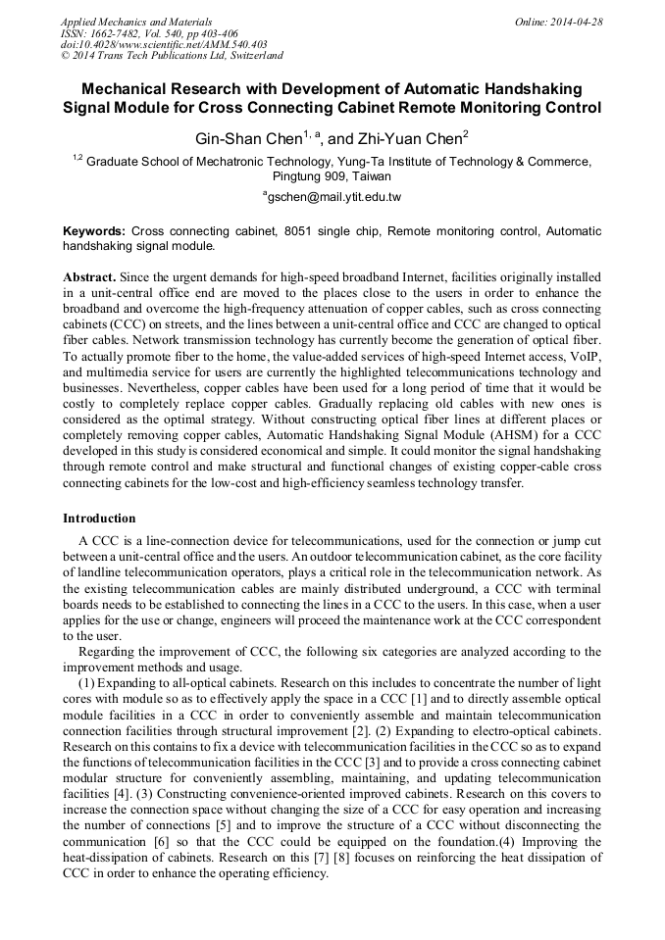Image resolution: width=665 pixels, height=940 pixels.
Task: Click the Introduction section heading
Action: point(99,519)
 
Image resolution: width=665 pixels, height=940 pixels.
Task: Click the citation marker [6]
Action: point(162,839)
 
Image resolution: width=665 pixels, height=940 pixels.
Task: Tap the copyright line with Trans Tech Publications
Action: point(172,56)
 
